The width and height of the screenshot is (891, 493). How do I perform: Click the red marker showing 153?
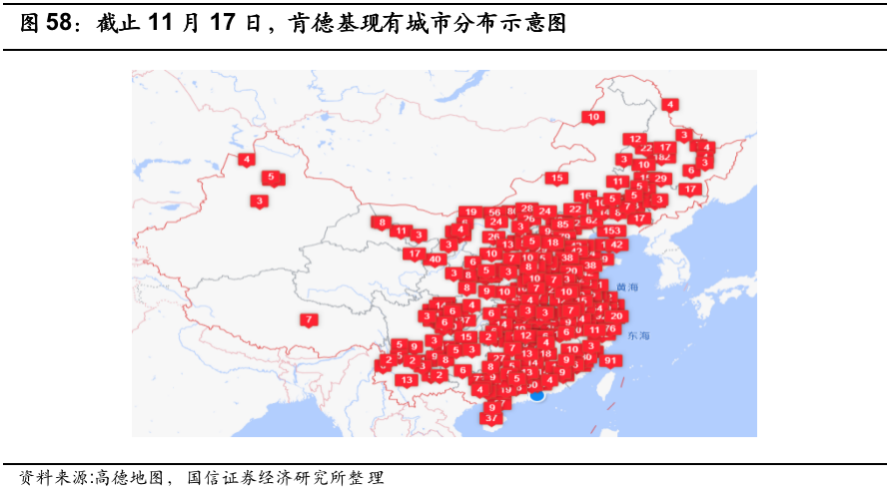click(x=612, y=230)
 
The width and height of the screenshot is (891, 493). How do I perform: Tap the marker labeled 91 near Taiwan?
click(x=612, y=360)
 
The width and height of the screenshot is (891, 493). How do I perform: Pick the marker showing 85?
click(x=562, y=225)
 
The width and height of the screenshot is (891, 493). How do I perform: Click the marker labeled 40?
click(x=436, y=259)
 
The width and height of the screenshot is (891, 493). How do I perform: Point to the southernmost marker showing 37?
click(x=490, y=418)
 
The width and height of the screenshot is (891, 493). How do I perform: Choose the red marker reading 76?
click(x=609, y=328)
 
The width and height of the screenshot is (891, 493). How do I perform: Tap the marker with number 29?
click(x=660, y=179)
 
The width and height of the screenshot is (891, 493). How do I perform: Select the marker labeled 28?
click(x=526, y=208)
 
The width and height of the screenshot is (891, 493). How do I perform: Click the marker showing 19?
click(x=470, y=212)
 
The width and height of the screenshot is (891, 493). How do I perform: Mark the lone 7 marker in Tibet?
click(x=309, y=319)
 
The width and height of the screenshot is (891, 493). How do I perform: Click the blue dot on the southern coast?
click(x=536, y=395)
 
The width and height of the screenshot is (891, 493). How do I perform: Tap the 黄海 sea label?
click(x=626, y=286)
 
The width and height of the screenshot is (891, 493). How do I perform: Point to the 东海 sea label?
click(x=638, y=335)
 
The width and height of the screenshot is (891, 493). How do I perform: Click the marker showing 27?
click(x=498, y=357)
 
